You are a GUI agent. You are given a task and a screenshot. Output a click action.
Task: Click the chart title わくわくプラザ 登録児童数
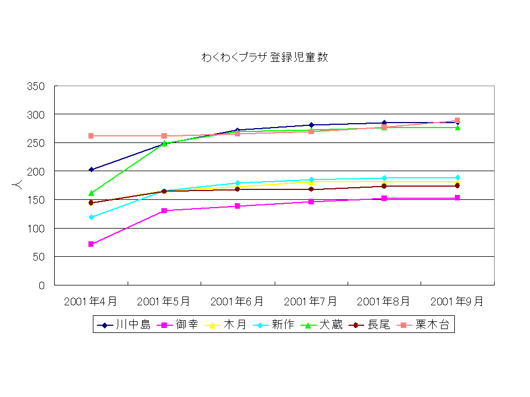[265, 57]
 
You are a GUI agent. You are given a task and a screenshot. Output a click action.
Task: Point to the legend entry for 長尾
[379, 325]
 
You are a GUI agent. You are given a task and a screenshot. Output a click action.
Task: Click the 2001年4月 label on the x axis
[91, 301]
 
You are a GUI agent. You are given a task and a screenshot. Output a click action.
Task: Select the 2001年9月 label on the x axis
[457, 301]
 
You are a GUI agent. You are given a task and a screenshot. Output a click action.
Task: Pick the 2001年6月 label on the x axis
[237, 301]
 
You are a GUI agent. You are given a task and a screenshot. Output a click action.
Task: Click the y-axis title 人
[18, 186]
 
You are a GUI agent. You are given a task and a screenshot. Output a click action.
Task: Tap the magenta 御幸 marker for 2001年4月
[91, 244]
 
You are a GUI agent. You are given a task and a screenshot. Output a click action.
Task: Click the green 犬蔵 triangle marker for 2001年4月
[91, 193]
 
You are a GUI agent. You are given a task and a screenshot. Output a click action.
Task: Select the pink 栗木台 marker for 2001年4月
[91, 136]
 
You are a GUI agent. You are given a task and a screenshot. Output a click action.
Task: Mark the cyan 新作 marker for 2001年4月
[91, 217]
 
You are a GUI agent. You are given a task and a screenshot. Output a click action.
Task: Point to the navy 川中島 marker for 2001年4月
[91, 170]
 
